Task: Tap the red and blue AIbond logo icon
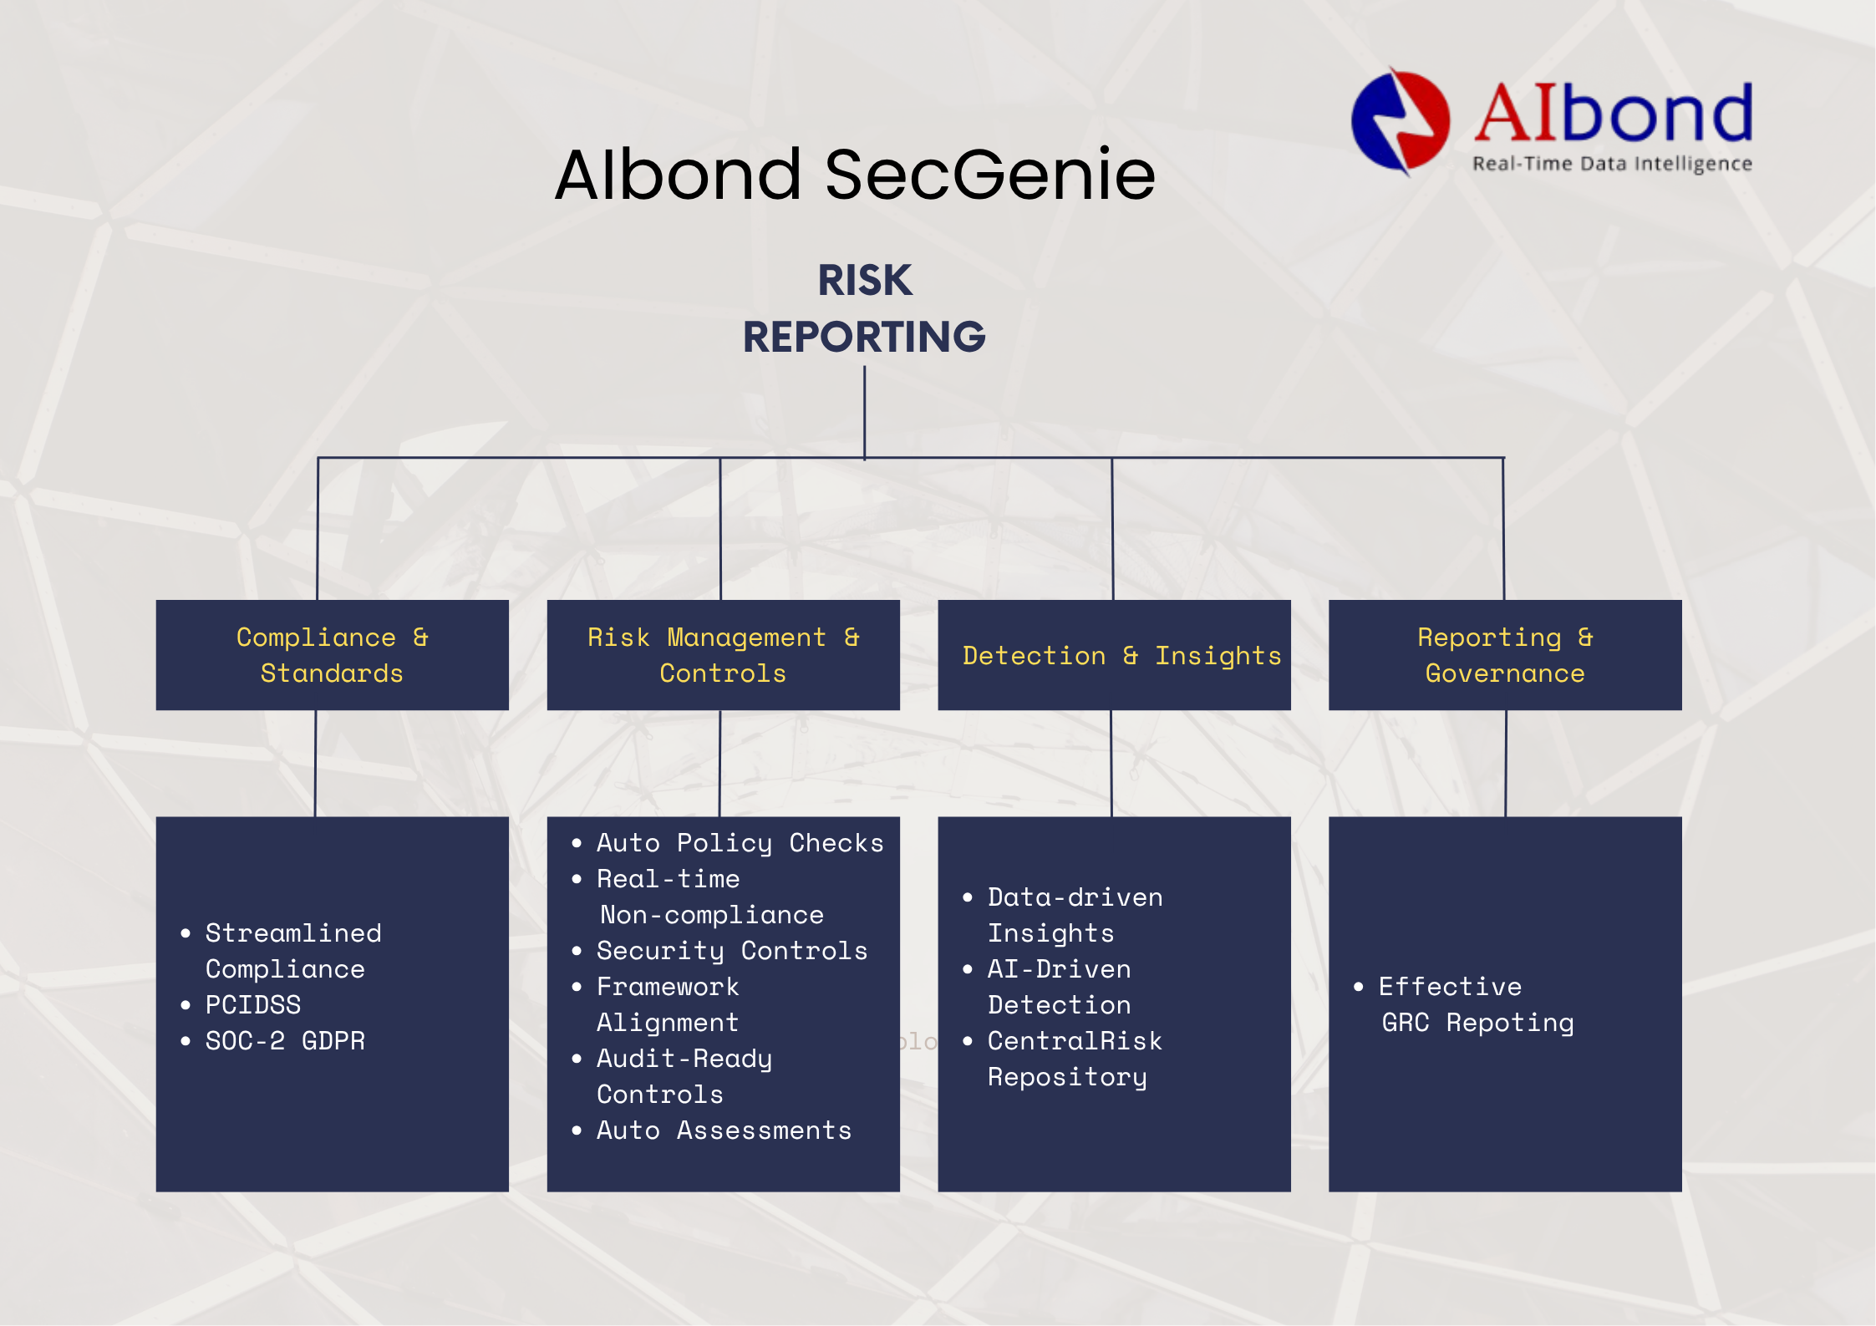[1401, 122]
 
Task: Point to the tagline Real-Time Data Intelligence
[1612, 164]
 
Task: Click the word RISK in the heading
[865, 280]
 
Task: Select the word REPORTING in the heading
[864, 337]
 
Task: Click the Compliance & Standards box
[332, 655]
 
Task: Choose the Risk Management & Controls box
[723, 655]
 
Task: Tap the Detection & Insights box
[1114, 655]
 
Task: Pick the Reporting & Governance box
[1505, 655]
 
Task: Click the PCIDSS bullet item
[241, 1004]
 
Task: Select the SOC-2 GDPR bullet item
[273, 1040]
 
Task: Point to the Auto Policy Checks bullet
[728, 843]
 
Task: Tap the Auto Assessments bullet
[712, 1130]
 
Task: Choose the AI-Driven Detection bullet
[1047, 987]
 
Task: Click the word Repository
[1067, 1077]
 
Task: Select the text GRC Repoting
[1477, 1023]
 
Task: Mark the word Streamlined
[293, 932]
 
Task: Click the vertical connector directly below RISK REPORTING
[865, 413]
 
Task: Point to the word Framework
[668, 987]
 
